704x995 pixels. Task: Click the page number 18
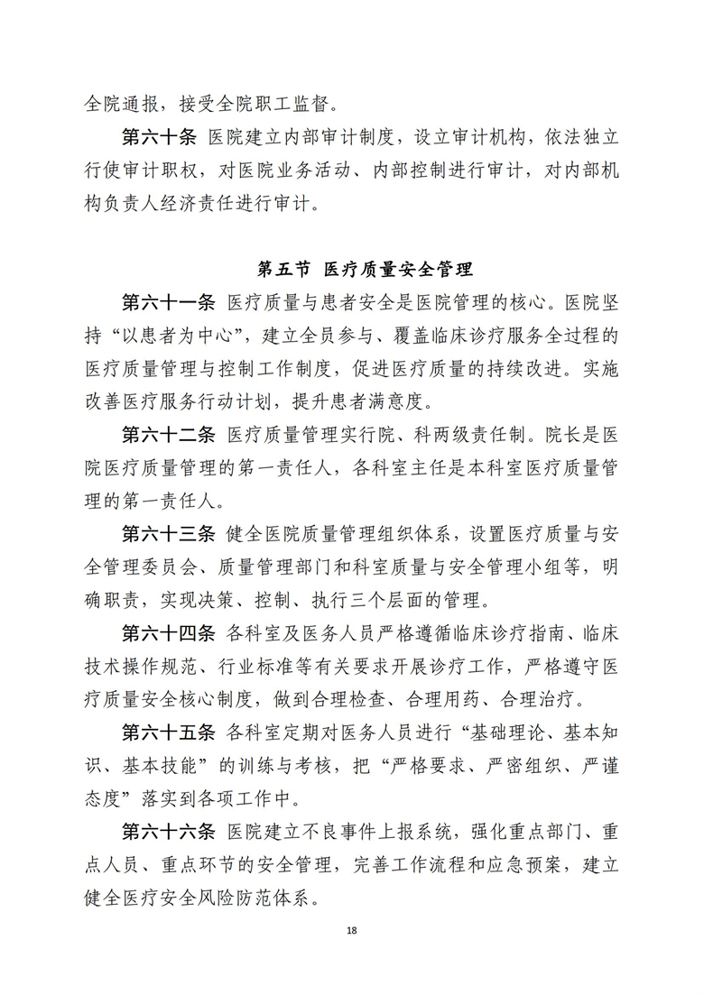coord(351,930)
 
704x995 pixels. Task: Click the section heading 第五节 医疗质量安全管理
coord(366,269)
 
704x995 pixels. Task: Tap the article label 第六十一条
coord(169,302)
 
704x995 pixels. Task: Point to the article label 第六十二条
coord(169,434)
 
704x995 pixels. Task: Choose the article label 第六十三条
coord(169,533)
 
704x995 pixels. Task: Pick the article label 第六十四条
coord(169,632)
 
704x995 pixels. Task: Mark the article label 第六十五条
coord(169,732)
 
